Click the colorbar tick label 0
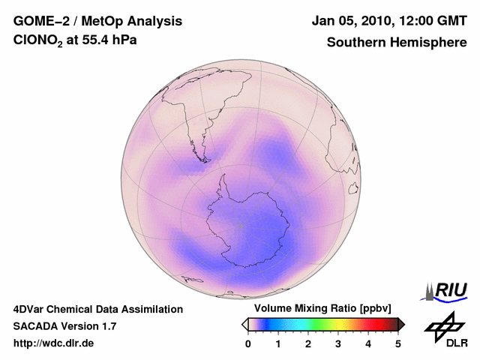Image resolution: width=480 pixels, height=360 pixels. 248,343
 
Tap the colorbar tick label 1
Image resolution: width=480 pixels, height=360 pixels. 278,343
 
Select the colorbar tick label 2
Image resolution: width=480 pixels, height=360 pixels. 308,343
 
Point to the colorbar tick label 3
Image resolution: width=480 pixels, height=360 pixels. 338,343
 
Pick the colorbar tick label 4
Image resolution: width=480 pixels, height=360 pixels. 368,343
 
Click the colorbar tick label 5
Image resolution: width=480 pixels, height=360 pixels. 398,343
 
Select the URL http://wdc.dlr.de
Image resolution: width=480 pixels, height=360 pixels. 54,343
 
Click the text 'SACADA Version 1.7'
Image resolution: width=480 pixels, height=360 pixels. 64,326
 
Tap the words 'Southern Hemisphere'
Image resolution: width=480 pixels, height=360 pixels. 397,42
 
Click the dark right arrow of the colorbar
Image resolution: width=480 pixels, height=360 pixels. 401,324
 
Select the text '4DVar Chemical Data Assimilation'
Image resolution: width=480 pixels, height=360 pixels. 97,309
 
